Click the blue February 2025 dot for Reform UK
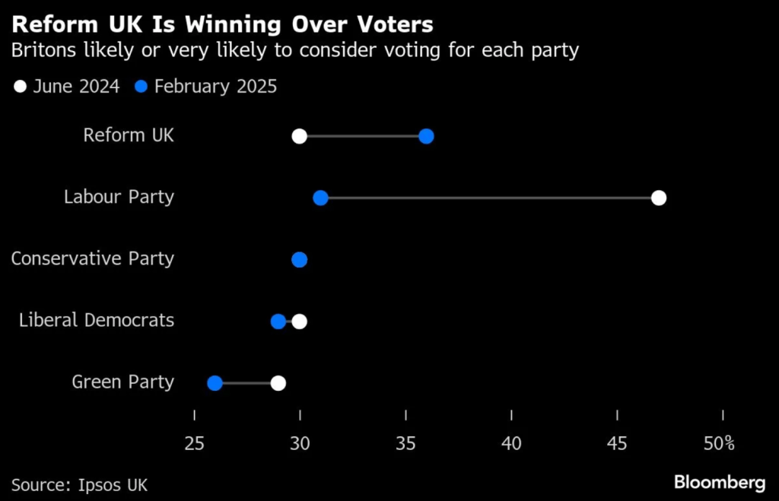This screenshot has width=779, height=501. (426, 136)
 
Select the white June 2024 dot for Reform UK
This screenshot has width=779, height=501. (299, 136)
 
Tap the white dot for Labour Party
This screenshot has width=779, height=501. (659, 198)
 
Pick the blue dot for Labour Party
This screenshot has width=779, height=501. (320, 198)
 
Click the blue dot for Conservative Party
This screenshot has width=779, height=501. (299, 260)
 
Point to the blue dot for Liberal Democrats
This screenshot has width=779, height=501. (278, 321)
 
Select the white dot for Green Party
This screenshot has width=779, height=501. (278, 382)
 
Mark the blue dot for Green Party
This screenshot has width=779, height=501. (215, 382)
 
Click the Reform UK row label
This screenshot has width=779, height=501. (129, 135)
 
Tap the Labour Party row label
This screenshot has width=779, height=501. (119, 197)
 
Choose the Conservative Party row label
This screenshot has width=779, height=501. (92, 258)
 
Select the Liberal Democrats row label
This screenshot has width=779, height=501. (97, 320)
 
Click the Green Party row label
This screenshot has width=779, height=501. (122, 382)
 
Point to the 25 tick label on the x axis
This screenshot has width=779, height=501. (195, 443)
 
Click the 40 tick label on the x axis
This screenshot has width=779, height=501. (511, 443)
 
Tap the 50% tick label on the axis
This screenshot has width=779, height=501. (719, 443)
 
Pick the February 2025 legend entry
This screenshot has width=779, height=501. (206, 87)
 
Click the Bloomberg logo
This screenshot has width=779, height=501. (719, 482)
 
